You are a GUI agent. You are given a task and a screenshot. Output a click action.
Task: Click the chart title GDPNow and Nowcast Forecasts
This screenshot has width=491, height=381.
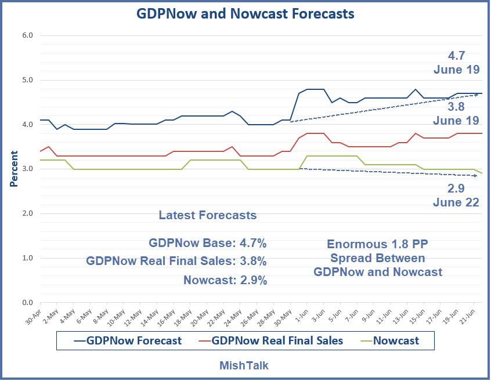pos(245,13)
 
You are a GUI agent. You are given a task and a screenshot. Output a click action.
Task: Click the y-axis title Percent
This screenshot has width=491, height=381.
pos(13,169)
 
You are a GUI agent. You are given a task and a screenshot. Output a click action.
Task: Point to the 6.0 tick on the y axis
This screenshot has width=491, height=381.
pos(27,35)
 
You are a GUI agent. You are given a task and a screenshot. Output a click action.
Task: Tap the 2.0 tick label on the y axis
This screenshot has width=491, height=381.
pos(27,213)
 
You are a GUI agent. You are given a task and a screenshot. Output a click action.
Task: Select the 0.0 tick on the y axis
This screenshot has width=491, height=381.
pos(27,302)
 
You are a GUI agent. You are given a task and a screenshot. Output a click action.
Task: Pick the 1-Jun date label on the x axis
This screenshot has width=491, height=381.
pos(301,317)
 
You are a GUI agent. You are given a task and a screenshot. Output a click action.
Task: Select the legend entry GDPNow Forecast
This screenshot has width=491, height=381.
pos(128,341)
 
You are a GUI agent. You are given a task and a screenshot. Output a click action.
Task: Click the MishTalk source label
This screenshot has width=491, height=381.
pos(244,365)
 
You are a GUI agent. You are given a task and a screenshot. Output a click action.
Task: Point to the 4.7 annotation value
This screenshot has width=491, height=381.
pos(457,56)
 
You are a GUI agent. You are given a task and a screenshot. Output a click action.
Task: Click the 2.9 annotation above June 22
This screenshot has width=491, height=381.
pos(457,188)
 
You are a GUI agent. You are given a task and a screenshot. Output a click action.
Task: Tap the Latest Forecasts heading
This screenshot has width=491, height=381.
pos(208,215)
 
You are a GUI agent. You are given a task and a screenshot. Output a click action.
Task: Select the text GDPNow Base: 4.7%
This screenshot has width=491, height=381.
pos(208,243)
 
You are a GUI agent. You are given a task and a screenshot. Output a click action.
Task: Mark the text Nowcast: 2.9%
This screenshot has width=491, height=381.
pos(225,280)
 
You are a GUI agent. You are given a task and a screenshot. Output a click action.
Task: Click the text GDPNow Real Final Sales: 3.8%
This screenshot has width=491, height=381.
pos(176,262)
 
